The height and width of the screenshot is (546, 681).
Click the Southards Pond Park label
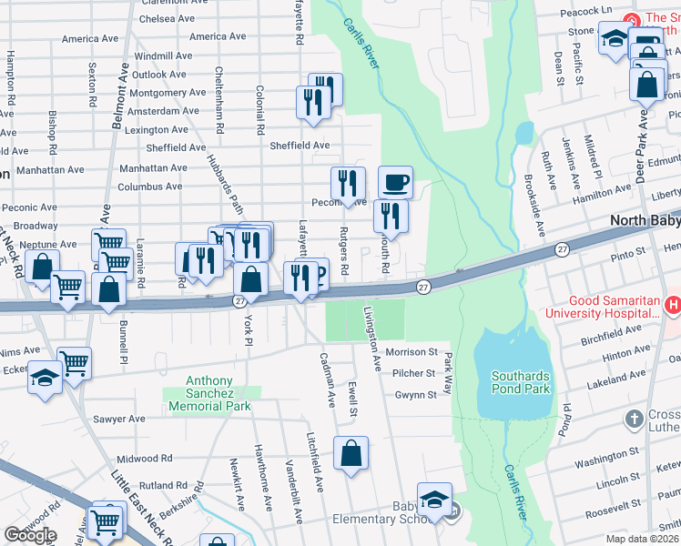point(522,382)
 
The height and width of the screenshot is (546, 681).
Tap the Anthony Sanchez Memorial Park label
point(209,394)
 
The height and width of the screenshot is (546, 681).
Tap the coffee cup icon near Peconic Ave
point(395,182)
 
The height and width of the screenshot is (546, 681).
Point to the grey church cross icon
point(634,420)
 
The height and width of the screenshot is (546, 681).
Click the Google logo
point(30,535)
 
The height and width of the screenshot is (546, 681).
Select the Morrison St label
point(412,352)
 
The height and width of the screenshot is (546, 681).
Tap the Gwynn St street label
point(416,395)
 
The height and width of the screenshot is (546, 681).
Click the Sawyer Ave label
point(118,419)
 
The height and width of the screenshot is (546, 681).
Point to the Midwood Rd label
point(145,459)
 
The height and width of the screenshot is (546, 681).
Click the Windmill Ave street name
point(163,56)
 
